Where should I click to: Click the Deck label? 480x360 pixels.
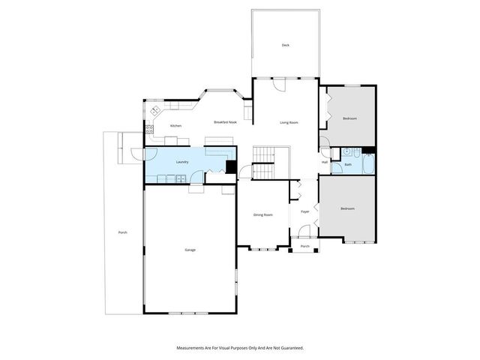point(285,45)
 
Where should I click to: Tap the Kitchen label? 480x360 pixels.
point(175,125)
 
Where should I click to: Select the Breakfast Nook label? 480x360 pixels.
point(225,122)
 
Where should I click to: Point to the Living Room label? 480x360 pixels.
point(289,122)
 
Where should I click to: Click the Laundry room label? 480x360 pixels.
point(181,162)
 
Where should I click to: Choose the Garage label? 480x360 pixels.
point(190,249)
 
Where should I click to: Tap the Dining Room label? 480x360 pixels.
point(262,214)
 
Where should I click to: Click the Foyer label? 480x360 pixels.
point(305,211)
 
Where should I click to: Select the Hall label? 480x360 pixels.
point(325,161)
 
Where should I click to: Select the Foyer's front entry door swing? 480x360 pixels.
point(305,238)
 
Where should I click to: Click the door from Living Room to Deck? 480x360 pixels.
point(280,85)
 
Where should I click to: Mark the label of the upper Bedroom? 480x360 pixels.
point(349,118)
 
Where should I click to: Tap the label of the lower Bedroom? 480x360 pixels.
point(346,208)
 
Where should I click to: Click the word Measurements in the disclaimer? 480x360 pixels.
point(192,348)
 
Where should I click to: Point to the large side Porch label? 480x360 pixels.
point(122,232)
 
